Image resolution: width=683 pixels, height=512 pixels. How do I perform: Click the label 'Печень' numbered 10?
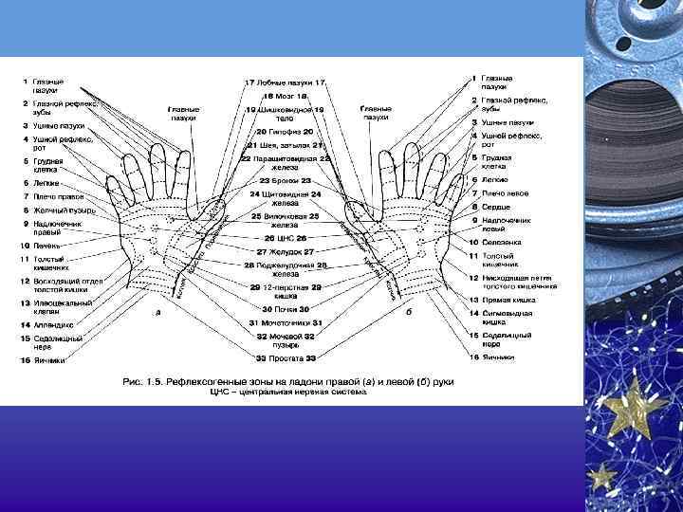[47, 246]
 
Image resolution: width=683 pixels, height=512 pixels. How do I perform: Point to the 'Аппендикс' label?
[52, 324]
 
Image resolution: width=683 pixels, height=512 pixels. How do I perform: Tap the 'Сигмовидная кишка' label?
[508, 317]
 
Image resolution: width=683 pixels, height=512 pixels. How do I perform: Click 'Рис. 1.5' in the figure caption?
[143, 381]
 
